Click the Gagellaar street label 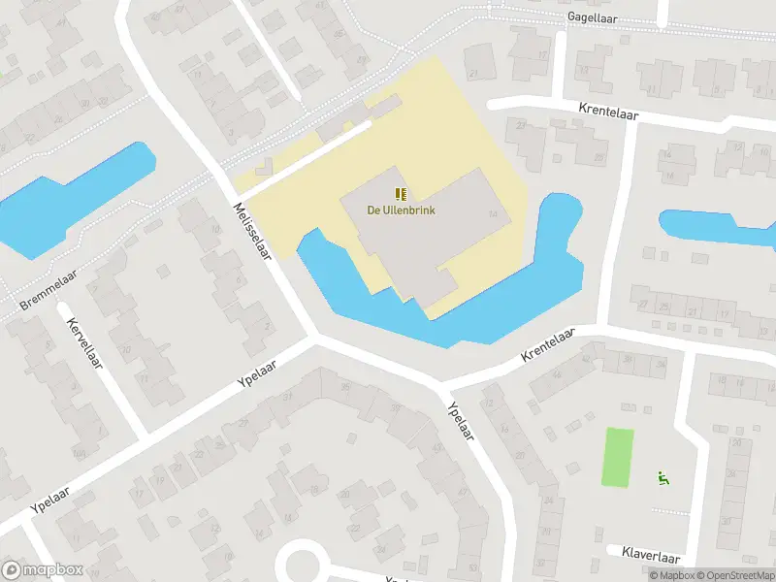[593, 17]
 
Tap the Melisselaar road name [250, 231]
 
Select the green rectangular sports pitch [617, 457]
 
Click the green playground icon [663, 476]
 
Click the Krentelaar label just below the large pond [548, 344]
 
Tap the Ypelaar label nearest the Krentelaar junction [460, 422]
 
